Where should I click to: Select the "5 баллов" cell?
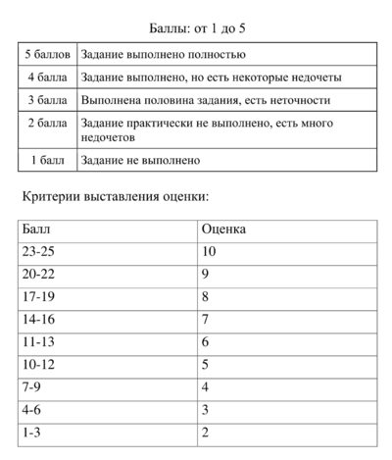point(48,54)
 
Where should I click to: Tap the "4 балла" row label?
point(48,77)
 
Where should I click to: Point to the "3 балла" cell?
point(48,99)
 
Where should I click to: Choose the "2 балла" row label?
point(48,124)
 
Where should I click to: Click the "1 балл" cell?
point(48,160)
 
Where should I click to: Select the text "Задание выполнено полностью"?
point(164,54)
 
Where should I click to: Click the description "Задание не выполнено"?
point(141,160)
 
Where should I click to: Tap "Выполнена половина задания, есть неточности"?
point(206,100)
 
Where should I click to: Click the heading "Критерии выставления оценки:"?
point(116,198)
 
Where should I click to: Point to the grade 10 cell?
point(209,252)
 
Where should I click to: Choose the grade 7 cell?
point(206,320)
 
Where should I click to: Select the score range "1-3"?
point(32,433)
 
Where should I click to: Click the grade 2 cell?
point(206,433)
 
